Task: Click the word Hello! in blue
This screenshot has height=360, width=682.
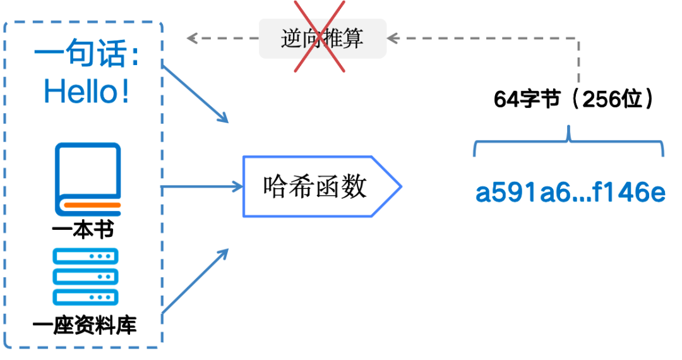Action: point(87,92)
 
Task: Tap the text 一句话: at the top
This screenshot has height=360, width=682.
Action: point(87,55)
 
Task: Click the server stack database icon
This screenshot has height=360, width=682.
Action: point(86,276)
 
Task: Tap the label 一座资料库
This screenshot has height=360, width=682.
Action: point(85,327)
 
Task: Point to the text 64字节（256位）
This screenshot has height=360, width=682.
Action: point(573,100)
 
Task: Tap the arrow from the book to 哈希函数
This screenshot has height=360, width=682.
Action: point(202,186)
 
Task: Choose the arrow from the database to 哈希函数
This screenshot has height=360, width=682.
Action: point(195,280)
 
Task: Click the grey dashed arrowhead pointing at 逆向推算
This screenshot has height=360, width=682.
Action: point(393,38)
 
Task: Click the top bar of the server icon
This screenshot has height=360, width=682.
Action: point(86,256)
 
